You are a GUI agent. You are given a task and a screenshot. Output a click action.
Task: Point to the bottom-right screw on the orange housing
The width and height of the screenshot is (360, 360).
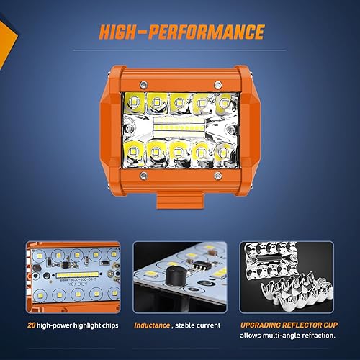[219, 176]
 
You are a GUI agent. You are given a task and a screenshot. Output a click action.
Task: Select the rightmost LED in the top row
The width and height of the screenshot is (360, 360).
[224, 102]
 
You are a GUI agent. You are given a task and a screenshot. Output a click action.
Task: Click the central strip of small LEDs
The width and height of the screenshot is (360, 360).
[179, 128]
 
